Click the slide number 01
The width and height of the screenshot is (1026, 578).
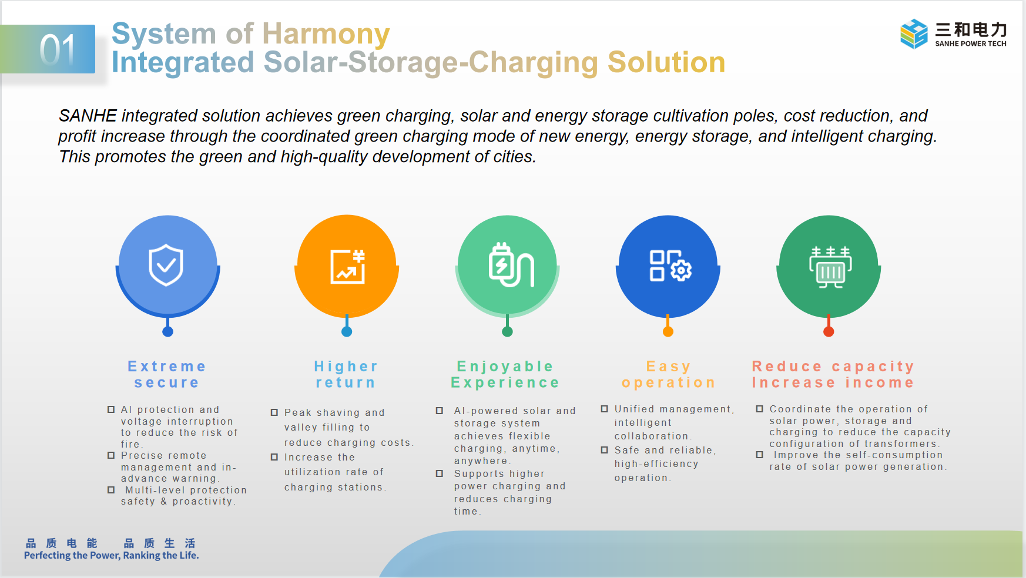[x=58, y=49]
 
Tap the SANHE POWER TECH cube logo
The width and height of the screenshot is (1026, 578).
[x=914, y=33]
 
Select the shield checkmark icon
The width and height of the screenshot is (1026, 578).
[x=166, y=265]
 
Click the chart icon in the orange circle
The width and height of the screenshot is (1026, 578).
[x=348, y=267]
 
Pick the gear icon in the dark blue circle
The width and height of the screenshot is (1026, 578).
[x=681, y=270]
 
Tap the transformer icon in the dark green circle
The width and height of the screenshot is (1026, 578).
[x=830, y=267]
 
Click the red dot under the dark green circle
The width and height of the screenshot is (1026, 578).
[x=829, y=332]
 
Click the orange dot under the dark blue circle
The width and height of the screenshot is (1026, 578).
[x=668, y=332]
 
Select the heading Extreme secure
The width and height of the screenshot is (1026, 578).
[x=167, y=375]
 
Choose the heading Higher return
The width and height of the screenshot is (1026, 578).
[x=346, y=375]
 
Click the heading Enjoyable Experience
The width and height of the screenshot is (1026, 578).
[x=505, y=375]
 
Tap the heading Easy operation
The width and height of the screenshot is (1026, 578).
[x=668, y=375]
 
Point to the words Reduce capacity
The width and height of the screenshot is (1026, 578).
[x=833, y=367]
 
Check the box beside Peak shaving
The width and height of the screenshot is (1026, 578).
[x=274, y=412]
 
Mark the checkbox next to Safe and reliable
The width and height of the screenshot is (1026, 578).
[x=604, y=450]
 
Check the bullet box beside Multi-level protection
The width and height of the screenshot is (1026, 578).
[x=111, y=490]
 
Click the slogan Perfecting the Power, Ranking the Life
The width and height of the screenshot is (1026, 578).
[x=112, y=556]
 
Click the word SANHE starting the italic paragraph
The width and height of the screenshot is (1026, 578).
[x=88, y=116]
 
